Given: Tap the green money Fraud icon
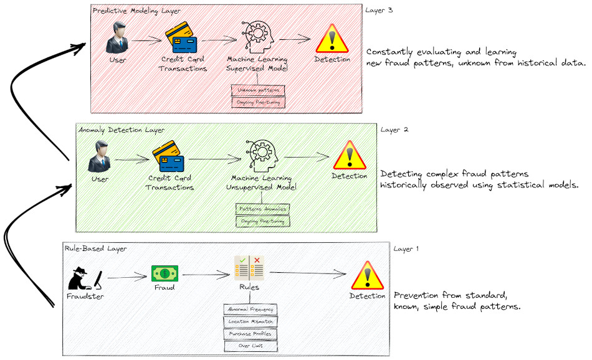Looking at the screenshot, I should point(165,273).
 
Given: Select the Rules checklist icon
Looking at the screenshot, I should point(249,268).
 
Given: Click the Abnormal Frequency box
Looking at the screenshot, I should point(250,309).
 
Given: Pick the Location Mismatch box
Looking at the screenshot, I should point(250,321).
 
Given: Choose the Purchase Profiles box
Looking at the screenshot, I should point(250,333).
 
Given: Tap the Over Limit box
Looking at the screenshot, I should point(250,345).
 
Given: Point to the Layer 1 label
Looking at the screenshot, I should point(406,249).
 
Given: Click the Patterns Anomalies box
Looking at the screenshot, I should point(262,209).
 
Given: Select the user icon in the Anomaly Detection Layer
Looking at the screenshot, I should point(100,158).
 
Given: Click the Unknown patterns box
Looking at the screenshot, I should point(258,90).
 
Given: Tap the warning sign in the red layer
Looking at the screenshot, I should point(332,39).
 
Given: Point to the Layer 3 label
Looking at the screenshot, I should point(380,11).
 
